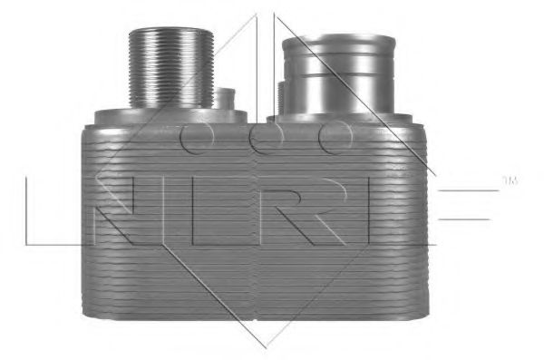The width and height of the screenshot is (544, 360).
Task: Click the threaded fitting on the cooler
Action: point(171,68)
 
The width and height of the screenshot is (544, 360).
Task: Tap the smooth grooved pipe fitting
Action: point(338,74)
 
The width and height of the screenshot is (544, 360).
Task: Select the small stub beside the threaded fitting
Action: point(224,98)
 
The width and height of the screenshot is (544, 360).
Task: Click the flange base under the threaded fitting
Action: point(170,117)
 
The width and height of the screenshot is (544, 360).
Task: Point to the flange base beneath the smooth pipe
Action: point(345,120)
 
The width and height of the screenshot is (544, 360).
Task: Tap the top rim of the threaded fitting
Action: point(171,31)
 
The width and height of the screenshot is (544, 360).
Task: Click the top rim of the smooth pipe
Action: point(338,39)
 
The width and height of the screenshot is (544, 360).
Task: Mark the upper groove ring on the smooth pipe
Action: point(338,54)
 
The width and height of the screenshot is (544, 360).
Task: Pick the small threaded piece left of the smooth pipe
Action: point(281,98)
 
